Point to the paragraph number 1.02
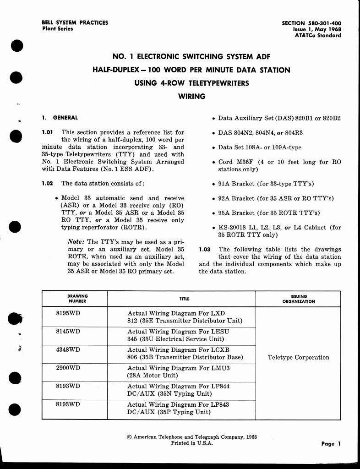pos(48,184)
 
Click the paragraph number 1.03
pos(205,250)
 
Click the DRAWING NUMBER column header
pos(77,299)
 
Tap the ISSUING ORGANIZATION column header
pos(298,299)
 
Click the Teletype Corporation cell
pos(298,358)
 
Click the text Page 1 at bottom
pos(331,444)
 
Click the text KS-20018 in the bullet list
pos(235,228)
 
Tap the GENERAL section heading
pos(65,118)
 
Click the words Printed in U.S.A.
pos(191,443)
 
